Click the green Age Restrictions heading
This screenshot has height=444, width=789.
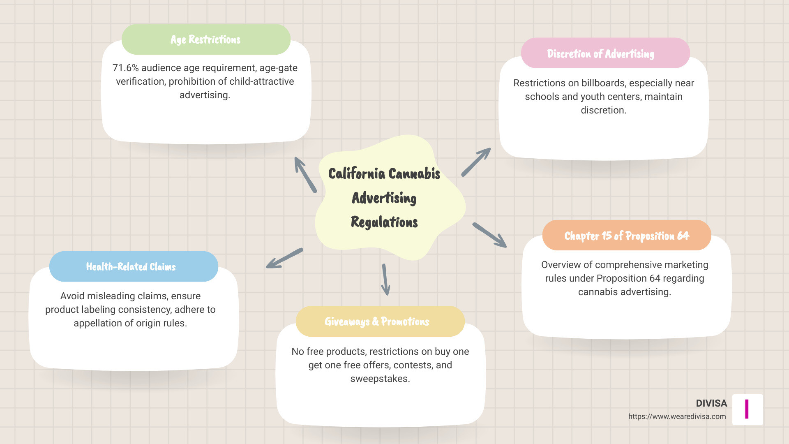click(205, 39)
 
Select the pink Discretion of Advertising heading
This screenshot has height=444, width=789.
click(600, 54)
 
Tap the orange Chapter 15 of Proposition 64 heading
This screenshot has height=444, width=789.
click(626, 236)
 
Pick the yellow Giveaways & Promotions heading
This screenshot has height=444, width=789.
click(377, 321)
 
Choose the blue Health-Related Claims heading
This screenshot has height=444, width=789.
click(131, 267)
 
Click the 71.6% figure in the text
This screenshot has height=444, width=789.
click(125, 68)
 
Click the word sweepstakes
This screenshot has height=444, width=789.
click(380, 379)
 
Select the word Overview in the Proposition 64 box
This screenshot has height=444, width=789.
click(561, 265)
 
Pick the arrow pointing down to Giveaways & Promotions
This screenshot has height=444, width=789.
click(385, 280)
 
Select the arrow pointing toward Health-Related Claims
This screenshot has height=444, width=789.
click(284, 258)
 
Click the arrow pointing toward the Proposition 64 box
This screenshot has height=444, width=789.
click(489, 235)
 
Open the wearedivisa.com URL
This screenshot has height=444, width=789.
click(677, 416)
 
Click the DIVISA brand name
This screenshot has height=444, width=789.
click(711, 403)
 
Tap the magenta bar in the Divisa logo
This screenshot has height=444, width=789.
click(747, 409)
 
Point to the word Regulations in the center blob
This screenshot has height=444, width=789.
click(384, 222)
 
